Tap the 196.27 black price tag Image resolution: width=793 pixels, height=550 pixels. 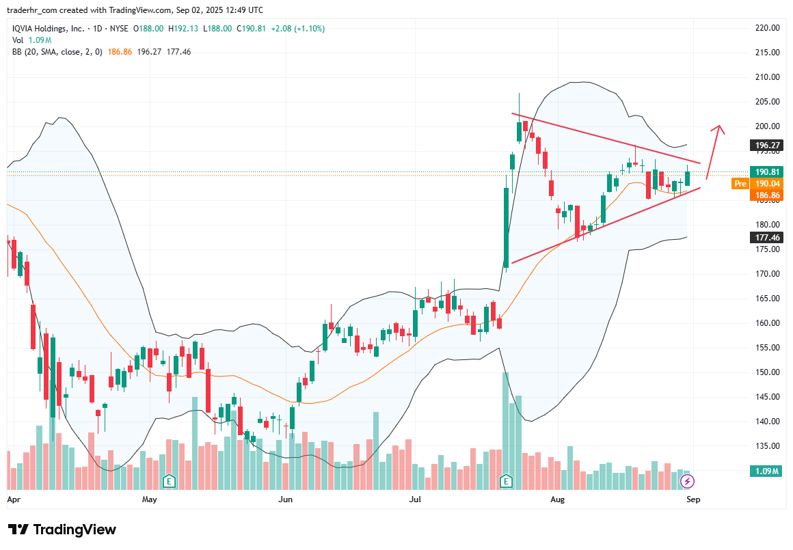(766, 146)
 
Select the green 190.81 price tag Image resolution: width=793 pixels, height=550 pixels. (766, 172)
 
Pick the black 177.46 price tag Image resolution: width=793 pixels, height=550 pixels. (766, 238)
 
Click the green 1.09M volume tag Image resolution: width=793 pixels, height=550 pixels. (766, 471)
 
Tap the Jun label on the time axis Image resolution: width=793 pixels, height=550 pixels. (286, 499)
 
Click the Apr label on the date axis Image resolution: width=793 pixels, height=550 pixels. (13, 499)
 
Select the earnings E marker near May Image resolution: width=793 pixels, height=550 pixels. (168, 481)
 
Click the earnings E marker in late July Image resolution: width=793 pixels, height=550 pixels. (507, 481)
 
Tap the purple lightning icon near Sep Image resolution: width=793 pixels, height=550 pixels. (687, 482)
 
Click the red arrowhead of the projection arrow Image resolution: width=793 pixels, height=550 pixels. (718, 128)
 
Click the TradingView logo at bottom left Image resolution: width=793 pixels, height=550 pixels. (62, 530)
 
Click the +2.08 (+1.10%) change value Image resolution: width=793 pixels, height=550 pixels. (297, 29)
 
